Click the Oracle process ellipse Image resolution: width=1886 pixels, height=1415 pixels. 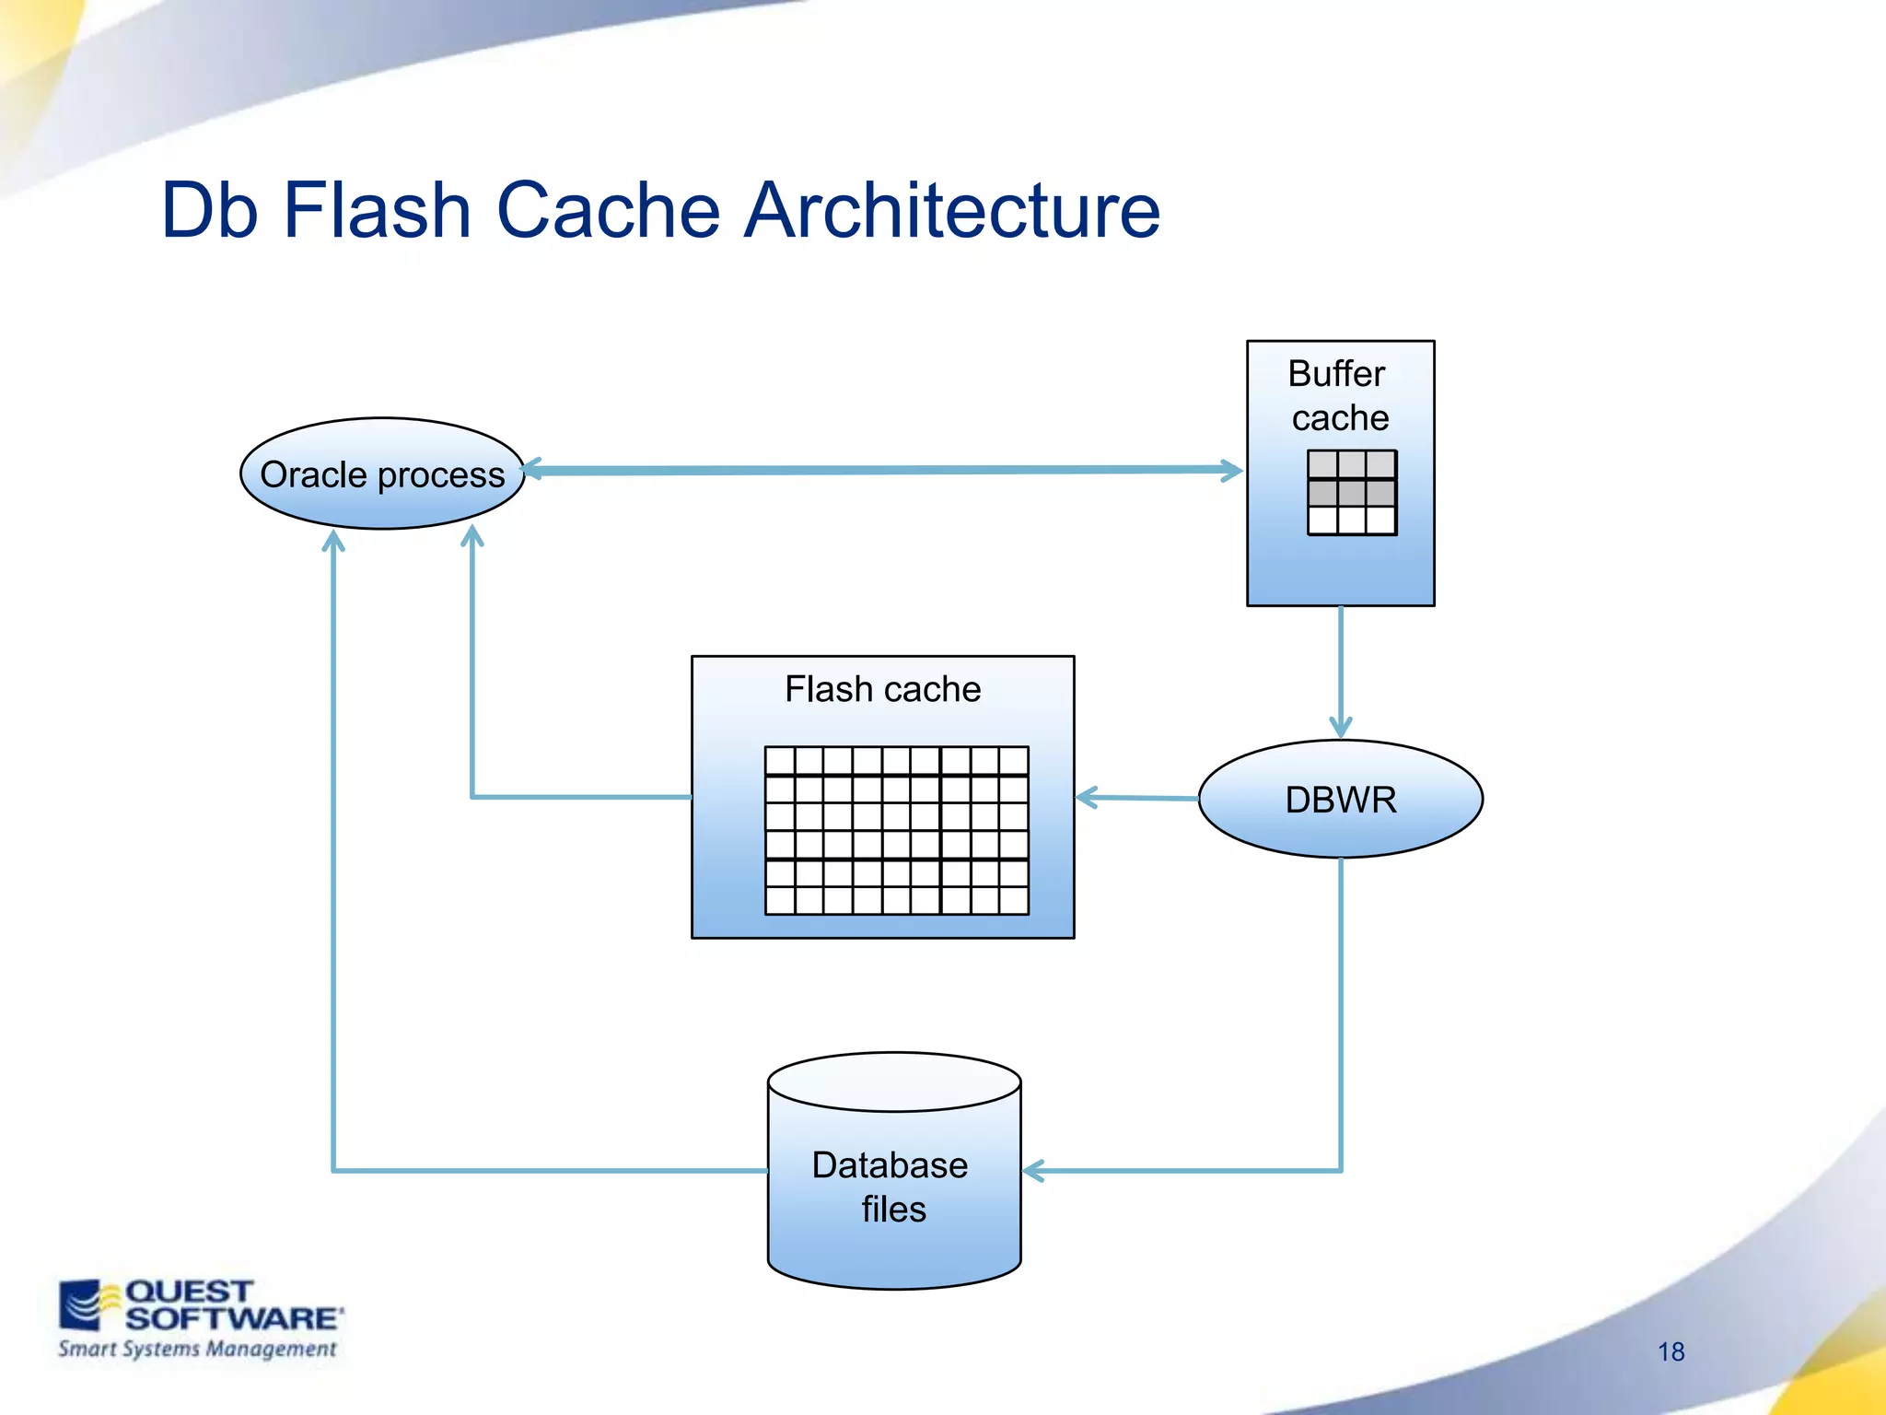pos(382,474)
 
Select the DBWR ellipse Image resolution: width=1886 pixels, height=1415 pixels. pos(1340,799)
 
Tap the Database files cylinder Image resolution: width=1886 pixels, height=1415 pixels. pos(893,1188)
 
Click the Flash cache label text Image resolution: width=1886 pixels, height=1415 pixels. pos(882,689)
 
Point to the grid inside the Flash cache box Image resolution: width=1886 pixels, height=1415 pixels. pos(896,830)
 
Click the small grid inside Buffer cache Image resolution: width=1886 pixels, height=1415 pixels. pos(1351,492)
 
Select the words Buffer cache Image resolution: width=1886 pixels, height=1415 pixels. pos(1339,395)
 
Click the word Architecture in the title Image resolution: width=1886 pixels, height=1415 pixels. pos(952,210)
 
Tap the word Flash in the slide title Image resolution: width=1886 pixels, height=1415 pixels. pos(378,210)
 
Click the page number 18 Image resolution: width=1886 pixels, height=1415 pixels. pos(1671,1351)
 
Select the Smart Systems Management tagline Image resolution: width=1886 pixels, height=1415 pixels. pos(197,1350)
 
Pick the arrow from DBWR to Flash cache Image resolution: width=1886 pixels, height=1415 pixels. pos(1138,798)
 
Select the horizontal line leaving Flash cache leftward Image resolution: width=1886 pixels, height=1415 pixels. pos(581,797)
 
